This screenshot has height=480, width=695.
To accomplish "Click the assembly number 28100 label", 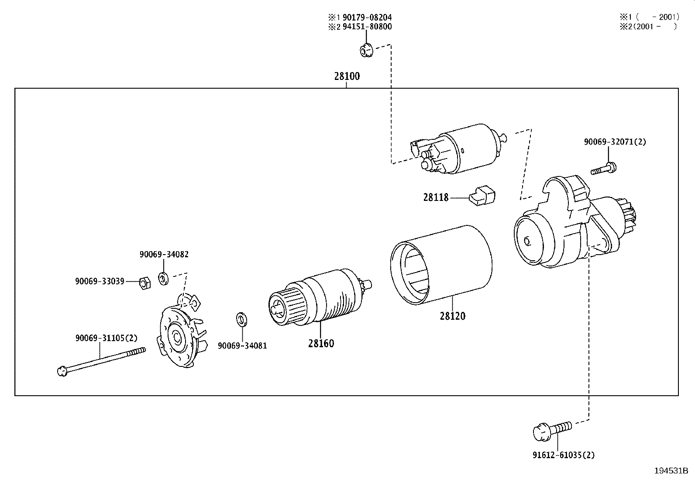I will [x=347, y=76].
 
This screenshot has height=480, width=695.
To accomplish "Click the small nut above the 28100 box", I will [x=365, y=50].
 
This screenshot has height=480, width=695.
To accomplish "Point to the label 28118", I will [x=436, y=197].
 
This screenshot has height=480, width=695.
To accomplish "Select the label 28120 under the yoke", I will [x=453, y=316].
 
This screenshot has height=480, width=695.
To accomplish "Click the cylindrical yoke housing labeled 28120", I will [x=441, y=264].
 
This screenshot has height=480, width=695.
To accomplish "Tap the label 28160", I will [x=321, y=343].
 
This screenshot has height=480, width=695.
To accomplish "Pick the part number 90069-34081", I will [x=242, y=346].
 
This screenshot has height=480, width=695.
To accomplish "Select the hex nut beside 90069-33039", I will [x=145, y=283].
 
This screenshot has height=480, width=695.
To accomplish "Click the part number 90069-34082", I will [x=164, y=254].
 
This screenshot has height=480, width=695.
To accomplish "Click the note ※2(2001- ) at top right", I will [x=649, y=26].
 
